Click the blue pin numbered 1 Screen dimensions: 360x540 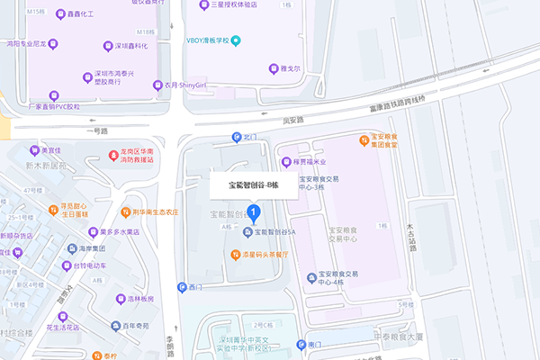click(x=254, y=213)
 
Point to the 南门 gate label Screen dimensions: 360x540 click(x=315, y=345)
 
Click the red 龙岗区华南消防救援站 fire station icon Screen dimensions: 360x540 click(x=114, y=155)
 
